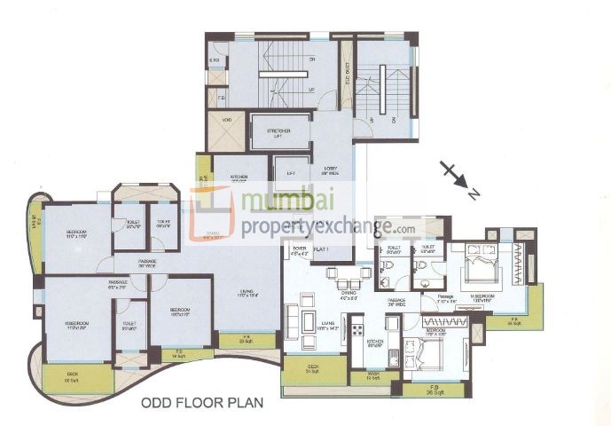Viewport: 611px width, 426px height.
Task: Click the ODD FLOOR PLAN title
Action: click(x=203, y=402)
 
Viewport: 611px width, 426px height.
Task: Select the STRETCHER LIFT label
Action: click(x=278, y=134)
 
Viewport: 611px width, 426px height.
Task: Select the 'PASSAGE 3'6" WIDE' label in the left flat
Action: click(x=147, y=264)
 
